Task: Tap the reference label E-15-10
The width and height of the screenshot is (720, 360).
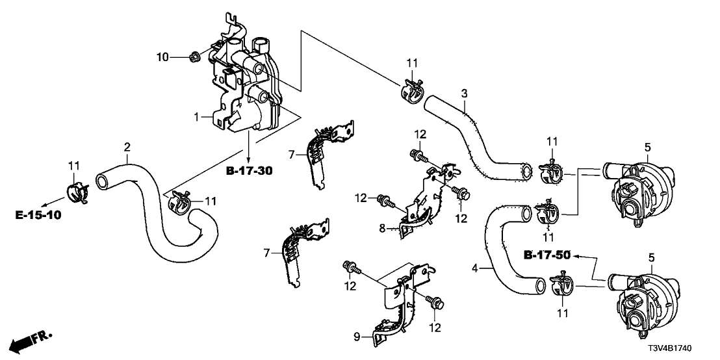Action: coord(38,214)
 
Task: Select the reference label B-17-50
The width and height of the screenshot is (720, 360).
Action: coord(547,255)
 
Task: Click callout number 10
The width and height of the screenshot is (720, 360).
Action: coord(162,58)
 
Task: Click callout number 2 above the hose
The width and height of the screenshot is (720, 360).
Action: coord(127,147)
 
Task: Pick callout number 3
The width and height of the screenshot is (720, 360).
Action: coord(464,93)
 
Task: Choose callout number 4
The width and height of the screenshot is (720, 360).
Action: coord(475,268)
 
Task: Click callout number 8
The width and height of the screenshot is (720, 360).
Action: coord(383,227)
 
